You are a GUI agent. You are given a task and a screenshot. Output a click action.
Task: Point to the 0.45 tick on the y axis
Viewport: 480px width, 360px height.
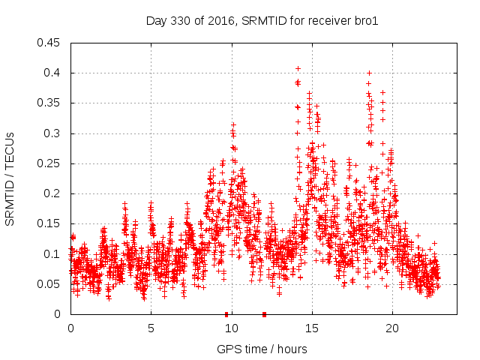tap(50, 43)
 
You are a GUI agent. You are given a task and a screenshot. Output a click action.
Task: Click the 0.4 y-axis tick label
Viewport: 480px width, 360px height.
tap(53, 73)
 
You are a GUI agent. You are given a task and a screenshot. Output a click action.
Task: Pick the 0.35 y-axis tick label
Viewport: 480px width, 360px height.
tap(50, 103)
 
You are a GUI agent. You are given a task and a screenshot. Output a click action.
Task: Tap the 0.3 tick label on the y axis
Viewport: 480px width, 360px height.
tap(53, 133)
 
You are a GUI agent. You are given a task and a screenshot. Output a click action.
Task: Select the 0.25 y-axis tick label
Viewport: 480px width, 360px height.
tap(50, 163)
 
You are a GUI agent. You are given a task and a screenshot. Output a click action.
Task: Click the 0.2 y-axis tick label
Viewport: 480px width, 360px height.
tap(53, 193)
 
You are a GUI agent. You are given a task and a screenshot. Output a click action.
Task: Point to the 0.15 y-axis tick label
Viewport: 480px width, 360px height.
tap(50, 223)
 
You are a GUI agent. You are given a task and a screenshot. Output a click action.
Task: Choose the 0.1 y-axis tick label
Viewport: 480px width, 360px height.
tap(53, 253)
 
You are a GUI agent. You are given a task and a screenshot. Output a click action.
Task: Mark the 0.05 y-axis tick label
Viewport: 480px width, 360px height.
tap(50, 284)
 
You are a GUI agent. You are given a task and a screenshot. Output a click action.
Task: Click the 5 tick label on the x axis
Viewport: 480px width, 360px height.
tap(151, 328)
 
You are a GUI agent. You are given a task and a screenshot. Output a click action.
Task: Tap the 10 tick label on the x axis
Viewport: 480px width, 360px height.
tap(232, 328)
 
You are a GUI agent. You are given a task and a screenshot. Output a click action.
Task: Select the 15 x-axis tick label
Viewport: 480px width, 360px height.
tap(312, 328)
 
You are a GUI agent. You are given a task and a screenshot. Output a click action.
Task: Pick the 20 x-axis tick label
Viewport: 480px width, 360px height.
tap(392, 328)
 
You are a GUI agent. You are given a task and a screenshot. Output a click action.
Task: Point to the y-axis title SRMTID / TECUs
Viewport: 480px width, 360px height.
tap(10, 178)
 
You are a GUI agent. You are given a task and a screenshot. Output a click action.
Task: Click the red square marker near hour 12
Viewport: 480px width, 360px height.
tap(264, 314)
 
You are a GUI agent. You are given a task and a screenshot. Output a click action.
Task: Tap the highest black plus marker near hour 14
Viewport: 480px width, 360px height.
tap(298, 68)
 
